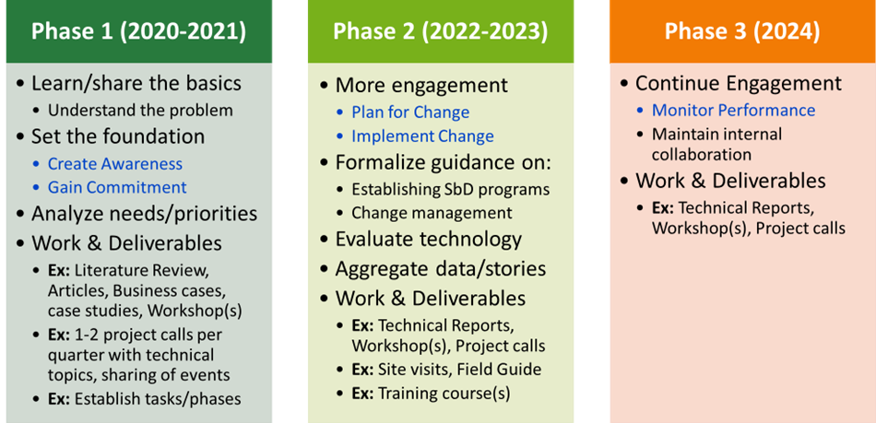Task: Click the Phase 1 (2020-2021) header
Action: click(138, 31)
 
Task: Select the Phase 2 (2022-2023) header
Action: click(440, 31)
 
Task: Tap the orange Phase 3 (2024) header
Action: click(742, 31)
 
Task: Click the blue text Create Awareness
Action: click(115, 163)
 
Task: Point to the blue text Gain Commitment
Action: click(117, 187)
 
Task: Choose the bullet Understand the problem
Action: click(140, 111)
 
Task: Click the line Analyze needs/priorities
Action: click(144, 215)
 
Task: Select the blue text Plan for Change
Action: click(410, 112)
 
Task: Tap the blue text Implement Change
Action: click(422, 136)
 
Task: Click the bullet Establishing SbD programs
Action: click(450, 189)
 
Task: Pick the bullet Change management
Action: click(432, 213)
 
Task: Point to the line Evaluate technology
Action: click(429, 240)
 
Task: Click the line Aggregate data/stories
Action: click(440, 269)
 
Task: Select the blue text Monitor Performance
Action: click(734, 110)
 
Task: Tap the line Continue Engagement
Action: click(739, 84)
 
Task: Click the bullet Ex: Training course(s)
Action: click(431, 394)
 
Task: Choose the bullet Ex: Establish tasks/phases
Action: click(144, 399)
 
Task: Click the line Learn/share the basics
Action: click(136, 84)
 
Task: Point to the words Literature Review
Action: click(141, 271)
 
